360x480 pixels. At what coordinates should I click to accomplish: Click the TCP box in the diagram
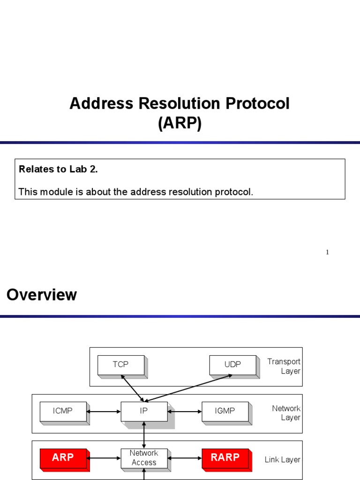click(120, 365)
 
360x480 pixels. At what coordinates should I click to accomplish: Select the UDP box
click(232, 365)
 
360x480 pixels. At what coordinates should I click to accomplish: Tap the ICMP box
click(63, 411)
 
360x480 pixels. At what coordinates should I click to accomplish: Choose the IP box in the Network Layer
click(144, 411)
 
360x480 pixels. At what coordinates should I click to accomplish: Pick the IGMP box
click(225, 411)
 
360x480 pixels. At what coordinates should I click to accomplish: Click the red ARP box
click(63, 457)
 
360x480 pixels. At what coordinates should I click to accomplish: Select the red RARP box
click(225, 457)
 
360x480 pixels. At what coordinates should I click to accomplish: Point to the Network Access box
click(144, 457)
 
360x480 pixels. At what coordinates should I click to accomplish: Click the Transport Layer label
click(284, 366)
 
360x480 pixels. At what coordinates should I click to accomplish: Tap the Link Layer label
click(282, 460)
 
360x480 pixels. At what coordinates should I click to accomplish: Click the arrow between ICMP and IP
click(104, 412)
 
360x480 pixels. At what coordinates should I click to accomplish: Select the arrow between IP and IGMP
click(184, 412)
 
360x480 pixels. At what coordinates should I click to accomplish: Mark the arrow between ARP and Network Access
click(104, 458)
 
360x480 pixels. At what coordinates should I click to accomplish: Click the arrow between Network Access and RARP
click(184, 458)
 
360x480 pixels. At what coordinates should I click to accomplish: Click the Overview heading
click(42, 295)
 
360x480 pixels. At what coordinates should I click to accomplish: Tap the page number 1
click(327, 252)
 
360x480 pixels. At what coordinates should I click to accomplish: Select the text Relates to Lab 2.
click(58, 169)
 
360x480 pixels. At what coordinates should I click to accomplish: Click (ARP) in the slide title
click(180, 123)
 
